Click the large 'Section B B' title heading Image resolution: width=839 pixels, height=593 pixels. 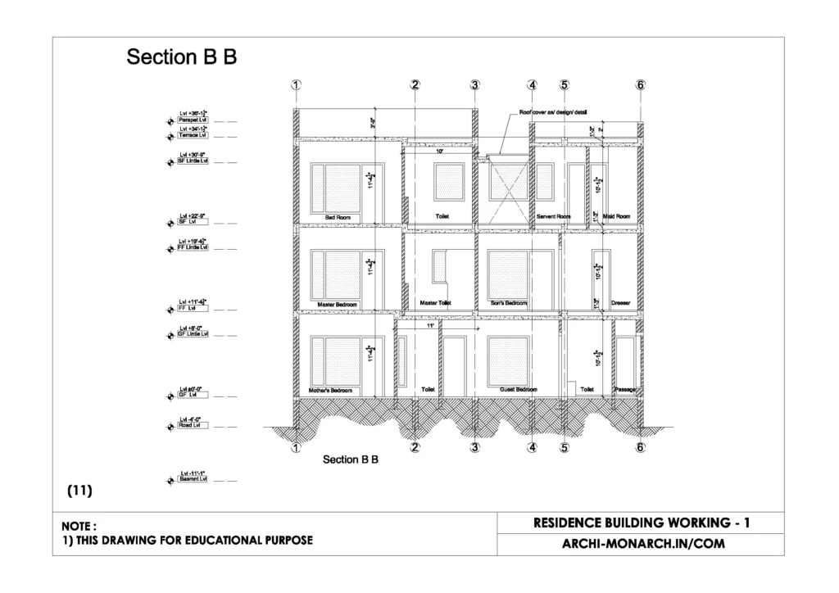click(181, 57)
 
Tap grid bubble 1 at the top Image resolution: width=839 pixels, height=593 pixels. click(296, 85)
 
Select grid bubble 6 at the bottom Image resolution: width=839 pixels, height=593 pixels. click(640, 447)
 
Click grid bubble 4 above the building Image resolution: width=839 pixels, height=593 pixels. click(533, 85)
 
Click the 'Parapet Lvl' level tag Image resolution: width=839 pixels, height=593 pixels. click(193, 120)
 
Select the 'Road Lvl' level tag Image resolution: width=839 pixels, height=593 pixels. click(193, 426)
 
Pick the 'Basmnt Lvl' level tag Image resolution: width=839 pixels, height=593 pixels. click(193, 478)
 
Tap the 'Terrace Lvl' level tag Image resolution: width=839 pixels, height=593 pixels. click(193, 135)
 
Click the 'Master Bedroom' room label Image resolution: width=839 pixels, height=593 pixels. click(338, 304)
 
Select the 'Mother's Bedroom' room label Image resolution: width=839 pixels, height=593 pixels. click(330, 391)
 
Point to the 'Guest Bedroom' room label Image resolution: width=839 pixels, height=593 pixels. click(519, 390)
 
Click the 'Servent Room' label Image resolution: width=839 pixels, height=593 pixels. click(553, 216)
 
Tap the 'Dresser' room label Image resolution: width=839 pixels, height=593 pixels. click(620, 303)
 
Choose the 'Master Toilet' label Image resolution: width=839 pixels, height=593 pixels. click(435, 303)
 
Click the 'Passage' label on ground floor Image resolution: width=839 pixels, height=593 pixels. click(624, 390)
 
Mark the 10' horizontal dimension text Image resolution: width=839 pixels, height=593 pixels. click(439, 152)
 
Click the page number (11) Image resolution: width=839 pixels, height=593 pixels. click(79, 491)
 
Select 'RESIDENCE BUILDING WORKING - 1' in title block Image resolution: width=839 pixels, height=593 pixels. click(641, 523)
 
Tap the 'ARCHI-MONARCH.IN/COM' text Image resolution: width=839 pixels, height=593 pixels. click(641, 542)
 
